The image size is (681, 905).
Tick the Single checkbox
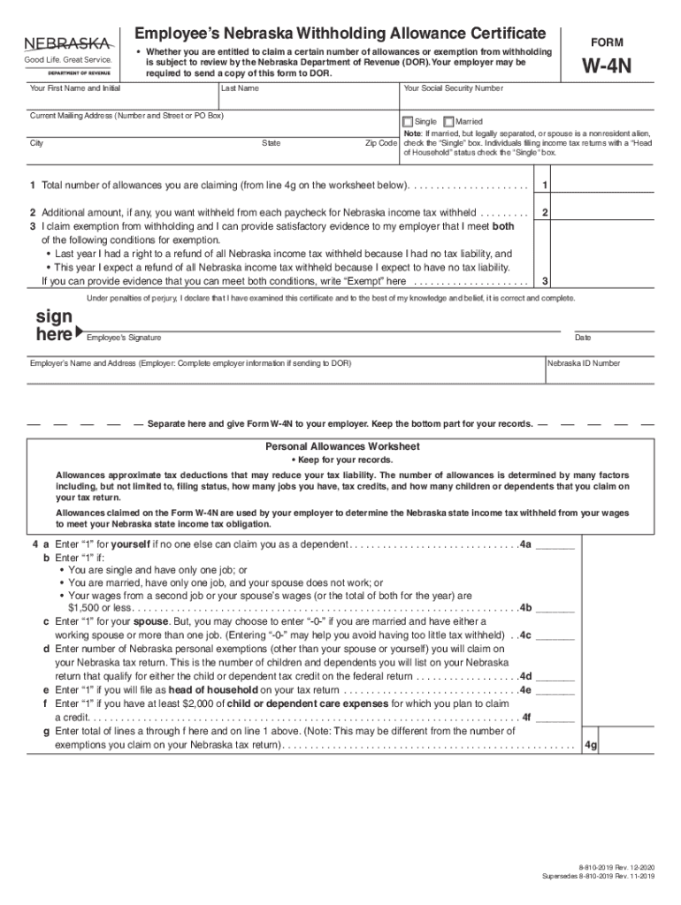(x=408, y=122)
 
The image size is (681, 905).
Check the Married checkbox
(x=448, y=122)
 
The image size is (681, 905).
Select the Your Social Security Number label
(x=453, y=89)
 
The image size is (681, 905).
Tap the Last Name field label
(x=240, y=89)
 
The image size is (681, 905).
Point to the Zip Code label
(x=380, y=143)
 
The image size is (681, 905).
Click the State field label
(x=272, y=143)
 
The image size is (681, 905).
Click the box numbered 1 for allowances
(x=546, y=185)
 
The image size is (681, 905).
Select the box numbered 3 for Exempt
(x=546, y=281)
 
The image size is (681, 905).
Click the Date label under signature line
(x=583, y=338)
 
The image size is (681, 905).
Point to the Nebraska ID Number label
(x=584, y=363)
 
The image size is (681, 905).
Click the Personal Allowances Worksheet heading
(x=342, y=446)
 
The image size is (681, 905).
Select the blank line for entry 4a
(x=555, y=544)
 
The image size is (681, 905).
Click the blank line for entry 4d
(x=555, y=675)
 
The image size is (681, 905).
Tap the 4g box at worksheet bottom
(x=591, y=745)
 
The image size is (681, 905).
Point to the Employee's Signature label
(x=124, y=338)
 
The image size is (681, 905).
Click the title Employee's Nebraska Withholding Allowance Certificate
(x=340, y=34)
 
